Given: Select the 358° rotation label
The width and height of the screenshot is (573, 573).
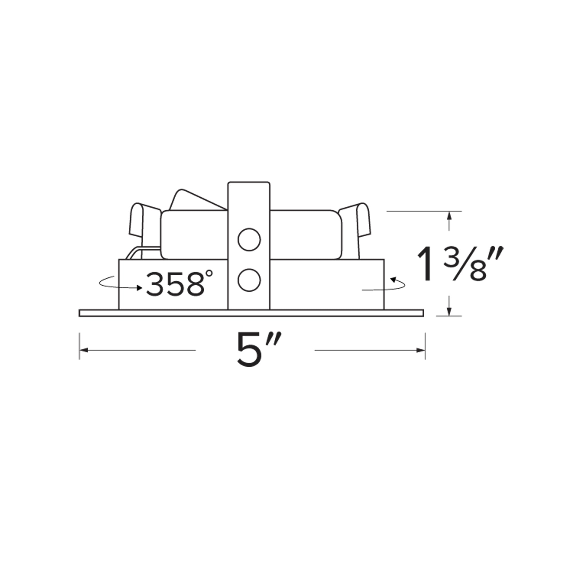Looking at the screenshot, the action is click(180, 283).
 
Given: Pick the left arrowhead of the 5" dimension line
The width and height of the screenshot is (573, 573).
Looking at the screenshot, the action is click(84, 350).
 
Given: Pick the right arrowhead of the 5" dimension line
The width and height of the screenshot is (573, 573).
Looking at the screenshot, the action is click(421, 350).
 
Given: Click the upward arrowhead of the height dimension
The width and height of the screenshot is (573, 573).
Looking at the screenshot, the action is click(450, 216).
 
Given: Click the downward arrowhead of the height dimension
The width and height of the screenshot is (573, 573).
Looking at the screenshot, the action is click(450, 311).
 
